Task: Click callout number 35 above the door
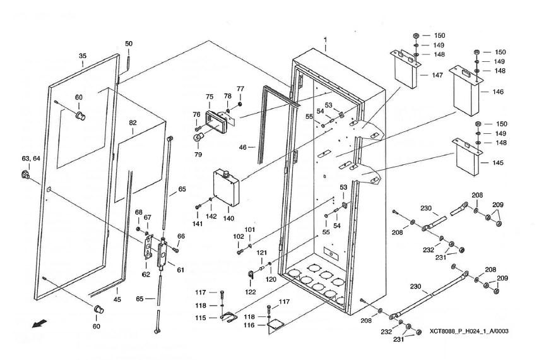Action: (83, 56)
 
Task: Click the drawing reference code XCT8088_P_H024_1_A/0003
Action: (469, 330)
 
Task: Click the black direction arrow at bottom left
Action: (40, 324)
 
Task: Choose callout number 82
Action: (133, 124)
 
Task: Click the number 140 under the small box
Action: (228, 219)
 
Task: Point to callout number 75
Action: (210, 97)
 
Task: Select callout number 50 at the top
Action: (129, 44)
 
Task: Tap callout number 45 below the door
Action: (117, 299)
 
